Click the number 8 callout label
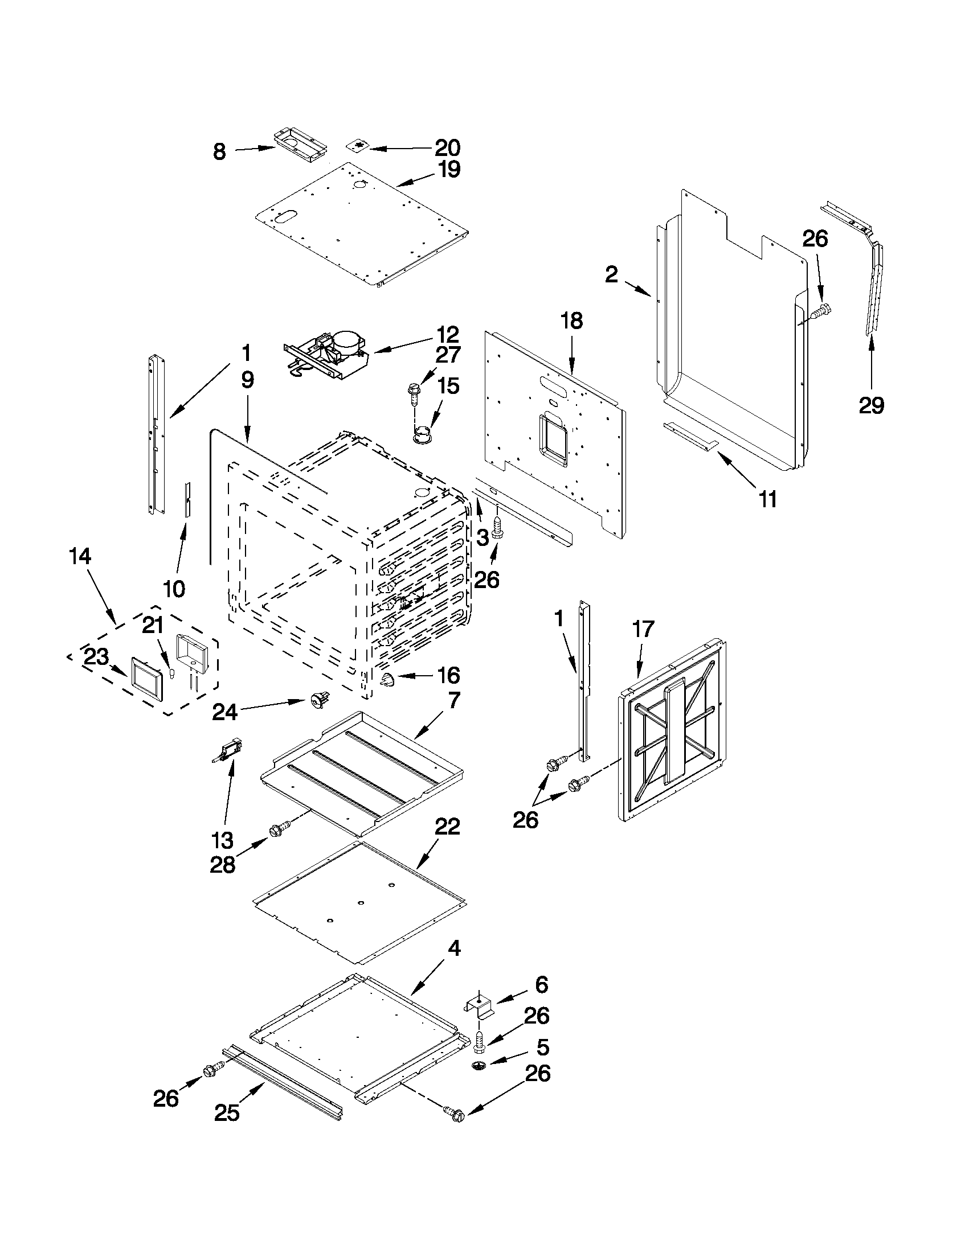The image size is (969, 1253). click(219, 152)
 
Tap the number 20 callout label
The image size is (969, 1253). click(447, 148)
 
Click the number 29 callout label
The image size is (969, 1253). click(871, 406)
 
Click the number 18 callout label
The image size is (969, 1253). click(571, 321)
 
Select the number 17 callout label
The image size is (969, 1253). click(643, 630)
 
